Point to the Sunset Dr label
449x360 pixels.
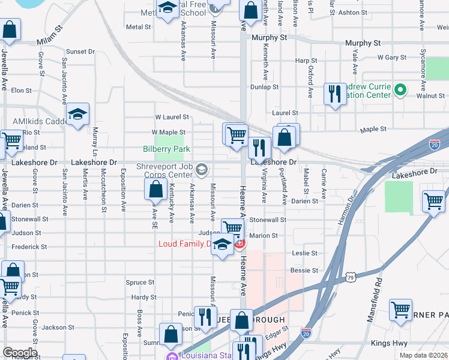click(80, 52)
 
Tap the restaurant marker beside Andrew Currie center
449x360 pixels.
click(334, 94)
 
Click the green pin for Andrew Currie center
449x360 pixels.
click(402, 91)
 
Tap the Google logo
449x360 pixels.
click(20, 353)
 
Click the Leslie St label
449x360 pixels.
click(304, 253)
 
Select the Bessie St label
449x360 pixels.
click(304, 271)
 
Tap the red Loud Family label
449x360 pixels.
click(185, 244)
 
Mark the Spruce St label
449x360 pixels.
click(140, 283)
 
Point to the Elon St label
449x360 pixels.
click(21, 90)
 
